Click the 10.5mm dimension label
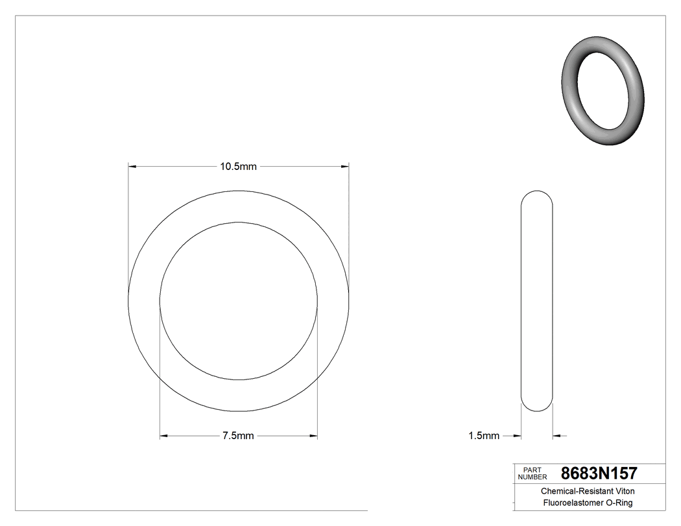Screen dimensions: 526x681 click(238, 167)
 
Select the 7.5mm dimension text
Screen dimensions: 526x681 click(238, 436)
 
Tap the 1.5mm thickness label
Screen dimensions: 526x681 click(484, 436)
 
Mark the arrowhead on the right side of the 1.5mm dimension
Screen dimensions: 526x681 click(557, 436)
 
